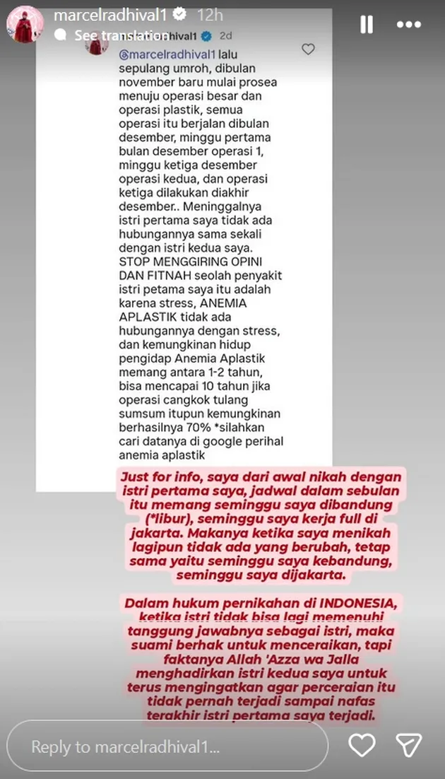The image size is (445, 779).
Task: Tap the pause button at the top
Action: [x=367, y=25]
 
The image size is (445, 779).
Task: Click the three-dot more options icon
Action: [x=409, y=25]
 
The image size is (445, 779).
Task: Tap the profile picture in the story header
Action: [x=26, y=25]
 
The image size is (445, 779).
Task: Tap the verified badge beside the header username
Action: [x=179, y=14]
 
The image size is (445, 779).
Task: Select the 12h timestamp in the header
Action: [x=210, y=14]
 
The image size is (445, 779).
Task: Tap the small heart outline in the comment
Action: [x=308, y=49]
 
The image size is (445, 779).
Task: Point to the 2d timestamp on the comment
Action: [x=225, y=35]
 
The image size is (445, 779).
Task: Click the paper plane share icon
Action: [x=409, y=746]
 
